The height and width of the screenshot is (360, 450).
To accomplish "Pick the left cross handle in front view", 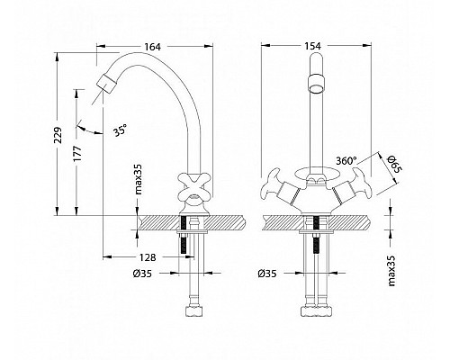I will click(x=274, y=188).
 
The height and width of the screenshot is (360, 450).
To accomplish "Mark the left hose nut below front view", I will click(x=304, y=310).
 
